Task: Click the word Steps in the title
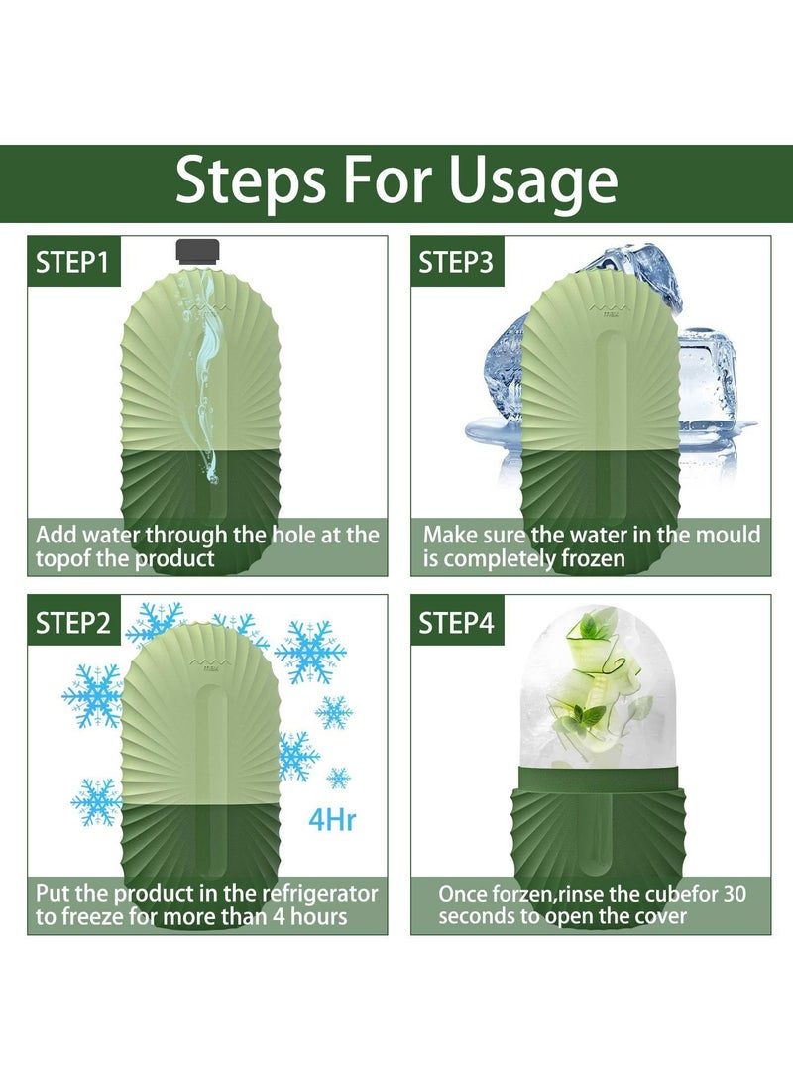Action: pos(251,180)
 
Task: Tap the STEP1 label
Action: pos(73,262)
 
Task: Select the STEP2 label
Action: pos(73,623)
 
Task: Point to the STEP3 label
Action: pos(457,262)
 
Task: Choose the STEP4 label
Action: pos(457,623)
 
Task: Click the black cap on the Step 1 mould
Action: pos(198,252)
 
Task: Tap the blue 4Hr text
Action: pos(332,820)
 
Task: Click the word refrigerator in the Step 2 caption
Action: pos(320,894)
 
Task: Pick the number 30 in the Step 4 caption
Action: pos(734,894)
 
